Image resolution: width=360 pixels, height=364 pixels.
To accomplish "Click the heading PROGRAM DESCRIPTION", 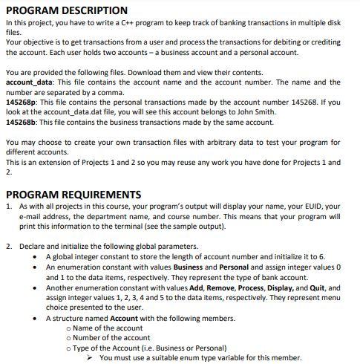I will pyautogui.click(x=67, y=10).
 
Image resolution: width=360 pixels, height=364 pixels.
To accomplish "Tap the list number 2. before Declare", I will pyautogui.click(x=9, y=245).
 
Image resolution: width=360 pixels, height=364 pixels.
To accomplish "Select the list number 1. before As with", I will pyautogui.click(x=9, y=207).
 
